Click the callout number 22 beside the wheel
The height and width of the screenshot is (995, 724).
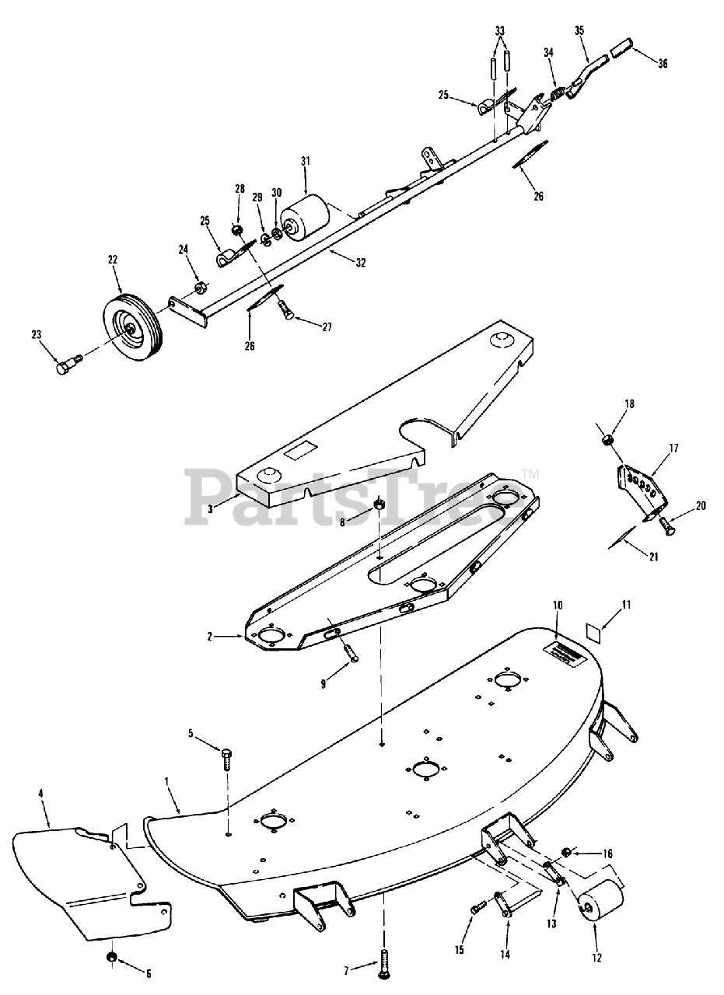click(113, 259)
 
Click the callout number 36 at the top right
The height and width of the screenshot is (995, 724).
click(662, 64)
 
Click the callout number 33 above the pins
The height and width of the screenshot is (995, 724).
click(499, 30)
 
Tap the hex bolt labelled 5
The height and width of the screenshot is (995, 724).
click(226, 758)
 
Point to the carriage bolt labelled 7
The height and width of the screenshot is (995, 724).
click(384, 964)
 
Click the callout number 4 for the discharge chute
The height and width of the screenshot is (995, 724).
click(40, 795)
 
